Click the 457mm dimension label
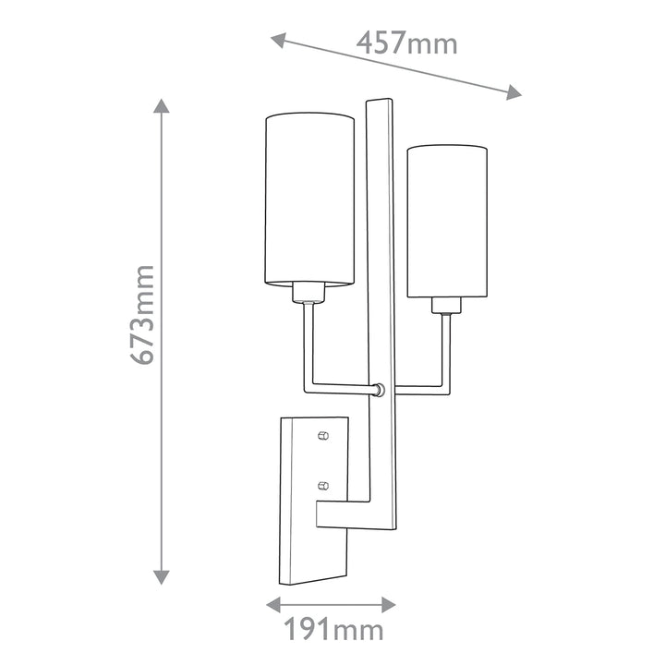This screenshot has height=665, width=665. point(407,42)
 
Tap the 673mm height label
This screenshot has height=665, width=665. point(142,314)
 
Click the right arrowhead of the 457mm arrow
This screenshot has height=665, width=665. point(515,91)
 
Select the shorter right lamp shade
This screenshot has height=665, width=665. point(447,222)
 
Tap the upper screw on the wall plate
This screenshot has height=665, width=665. point(322,434)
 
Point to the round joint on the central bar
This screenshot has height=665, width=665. point(379,390)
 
